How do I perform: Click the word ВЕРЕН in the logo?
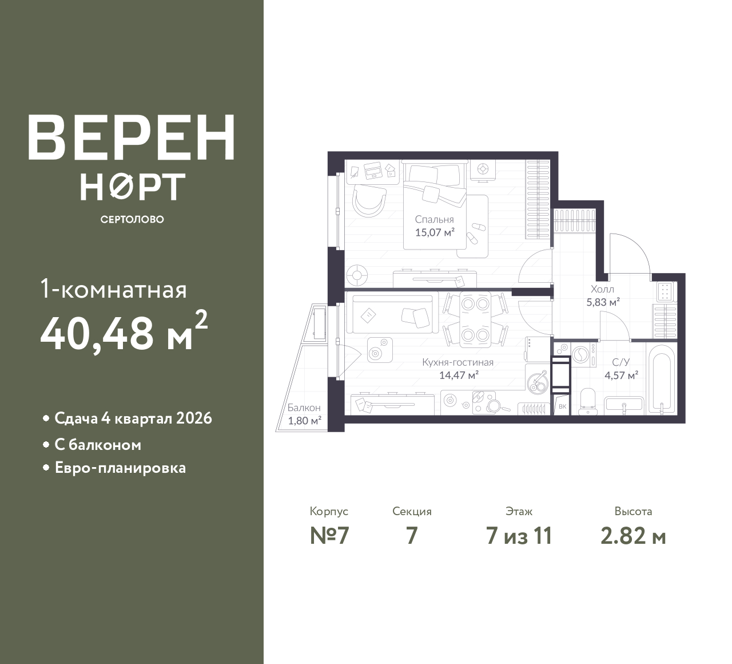coord(132,137)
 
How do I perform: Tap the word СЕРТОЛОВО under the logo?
coord(132,219)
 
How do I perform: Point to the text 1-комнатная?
coord(114,290)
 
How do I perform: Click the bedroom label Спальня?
coord(434,219)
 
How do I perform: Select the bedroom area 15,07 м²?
coord(435,232)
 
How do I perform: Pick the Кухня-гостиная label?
coord(457,362)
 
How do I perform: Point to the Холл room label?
coord(602,289)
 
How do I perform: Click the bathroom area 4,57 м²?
coord(621,375)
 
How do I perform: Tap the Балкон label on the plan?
coord(304,408)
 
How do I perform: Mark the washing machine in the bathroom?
coord(583,354)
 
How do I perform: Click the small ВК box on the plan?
coord(562,406)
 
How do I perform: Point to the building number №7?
coord(329,536)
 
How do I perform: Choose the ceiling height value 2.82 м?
coord(633,536)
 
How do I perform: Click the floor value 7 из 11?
coord(519,536)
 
